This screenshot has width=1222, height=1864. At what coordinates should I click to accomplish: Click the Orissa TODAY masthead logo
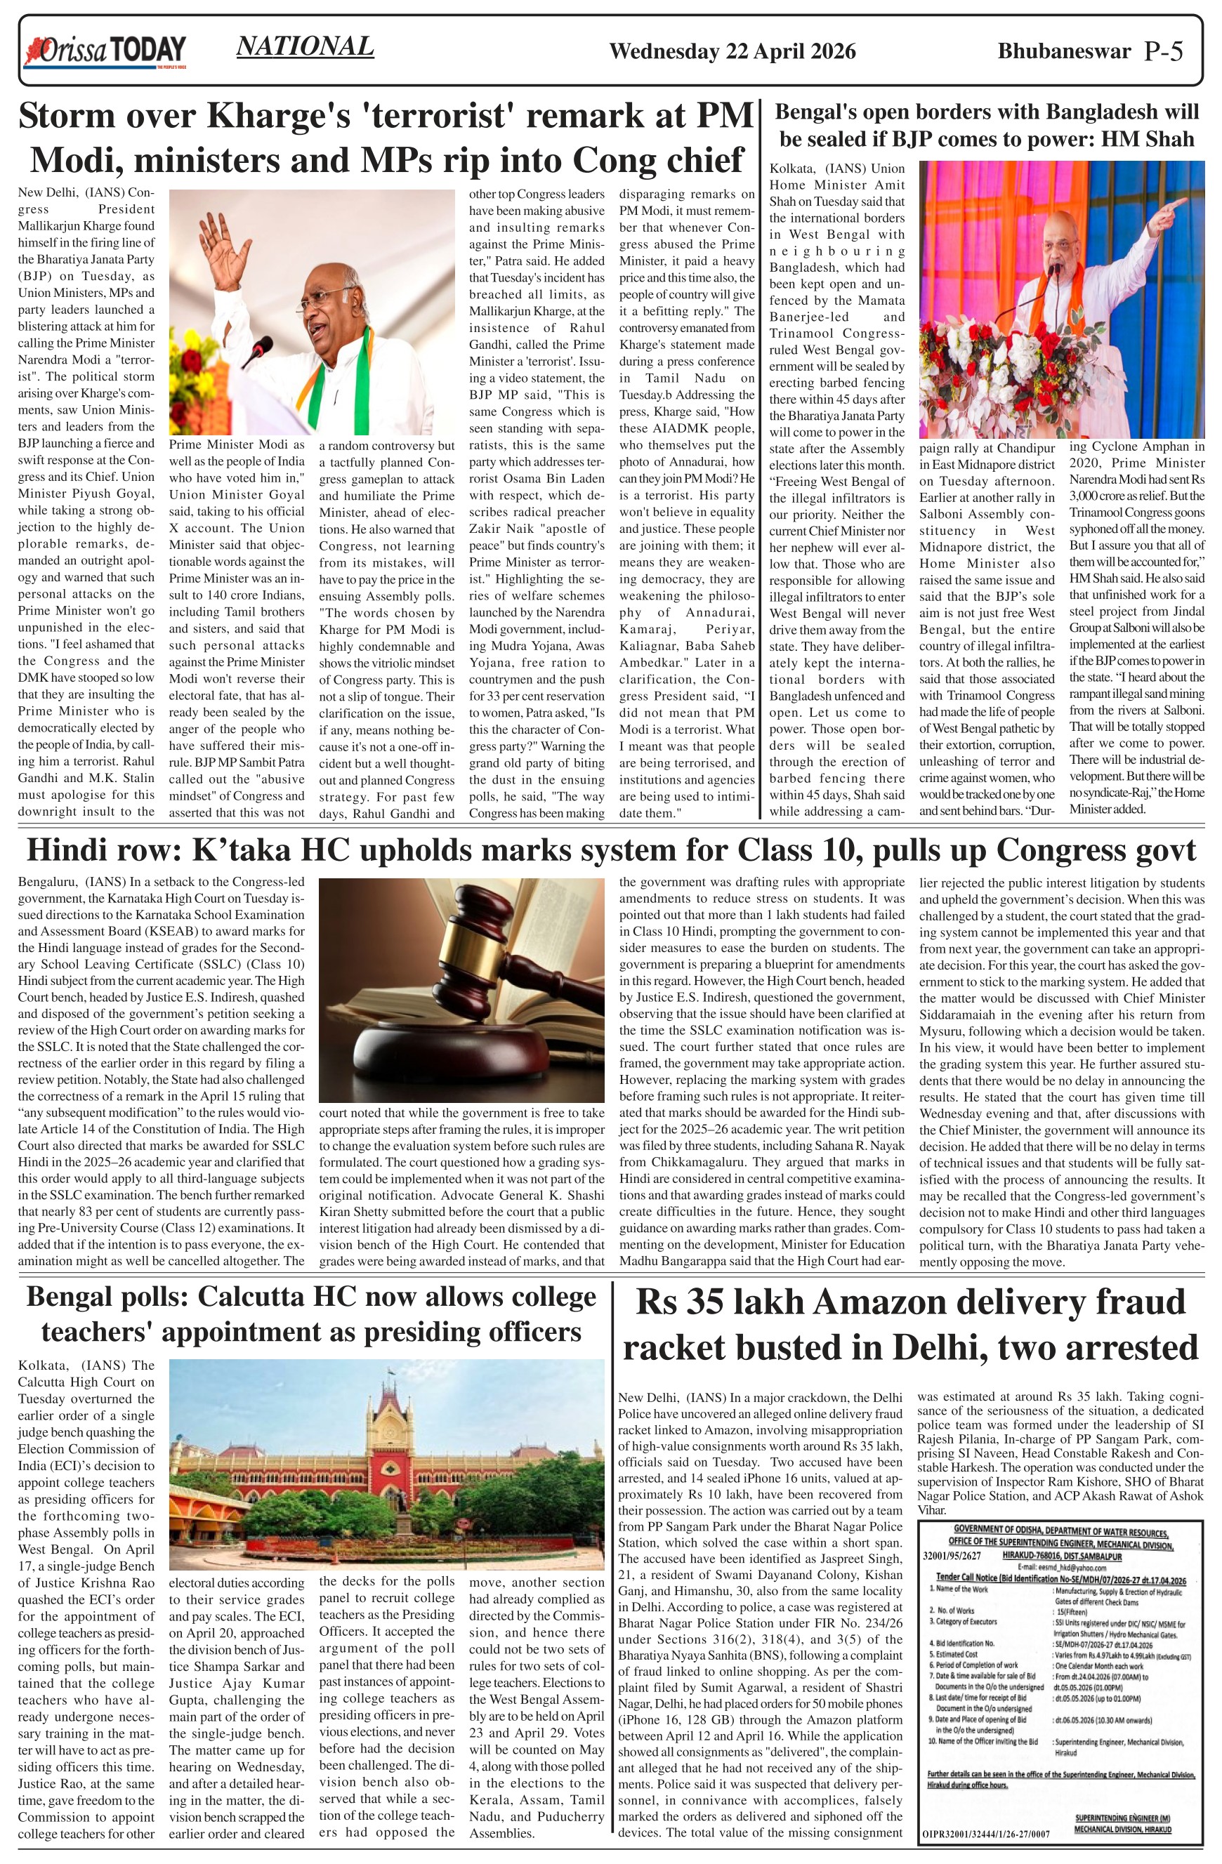(107, 52)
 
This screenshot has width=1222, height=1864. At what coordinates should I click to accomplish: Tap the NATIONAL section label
(305, 47)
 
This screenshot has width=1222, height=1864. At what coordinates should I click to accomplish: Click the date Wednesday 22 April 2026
(732, 52)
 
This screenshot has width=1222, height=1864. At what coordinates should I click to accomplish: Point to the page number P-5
(1163, 52)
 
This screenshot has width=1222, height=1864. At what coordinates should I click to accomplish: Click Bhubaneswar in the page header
(1064, 52)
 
